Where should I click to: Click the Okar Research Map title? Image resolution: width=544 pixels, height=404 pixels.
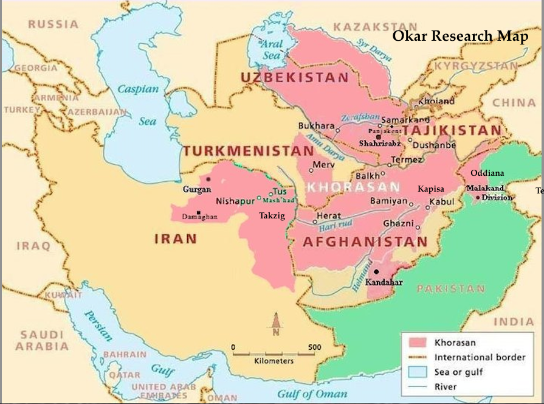pyautogui.click(x=460, y=36)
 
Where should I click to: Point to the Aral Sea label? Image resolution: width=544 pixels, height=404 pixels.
pyautogui.click(x=272, y=49)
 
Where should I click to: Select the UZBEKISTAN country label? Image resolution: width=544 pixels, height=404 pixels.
pyautogui.click(x=295, y=78)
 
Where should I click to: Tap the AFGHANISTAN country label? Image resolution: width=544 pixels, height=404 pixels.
pyautogui.click(x=365, y=242)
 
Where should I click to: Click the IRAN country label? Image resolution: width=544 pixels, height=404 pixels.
pyautogui.click(x=176, y=239)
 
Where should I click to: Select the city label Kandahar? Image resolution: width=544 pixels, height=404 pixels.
pyautogui.click(x=384, y=282)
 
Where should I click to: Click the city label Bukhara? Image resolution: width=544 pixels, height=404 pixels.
pyautogui.click(x=316, y=126)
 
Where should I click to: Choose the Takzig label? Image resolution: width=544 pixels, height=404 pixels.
pyautogui.click(x=272, y=215)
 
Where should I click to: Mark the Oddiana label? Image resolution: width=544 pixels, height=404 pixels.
pyautogui.click(x=487, y=173)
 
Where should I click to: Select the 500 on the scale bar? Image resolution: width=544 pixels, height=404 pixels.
pyautogui.click(x=314, y=347)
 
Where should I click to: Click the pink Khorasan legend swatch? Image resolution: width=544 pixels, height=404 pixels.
pyautogui.click(x=416, y=342)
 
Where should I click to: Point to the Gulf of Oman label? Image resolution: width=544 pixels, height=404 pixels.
pyautogui.click(x=311, y=395)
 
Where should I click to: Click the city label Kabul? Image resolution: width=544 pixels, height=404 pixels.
pyautogui.click(x=441, y=201)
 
